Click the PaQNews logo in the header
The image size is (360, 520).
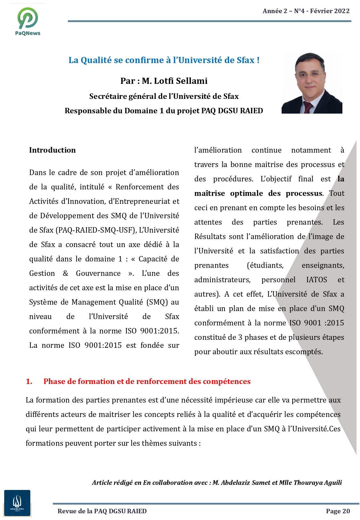pos(28,21)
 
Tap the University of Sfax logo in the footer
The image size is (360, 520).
pos(17,503)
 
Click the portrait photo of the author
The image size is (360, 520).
pos(312,83)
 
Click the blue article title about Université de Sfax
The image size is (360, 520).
pos(164,60)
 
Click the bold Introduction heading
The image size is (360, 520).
pos(52,150)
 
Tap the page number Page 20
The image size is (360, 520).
pos(338,511)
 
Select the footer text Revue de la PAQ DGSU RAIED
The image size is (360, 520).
pos(102,511)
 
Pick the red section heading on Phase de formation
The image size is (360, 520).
pos(147,381)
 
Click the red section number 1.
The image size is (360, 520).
pos(29,381)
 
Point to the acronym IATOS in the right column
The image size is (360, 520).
pos(316,280)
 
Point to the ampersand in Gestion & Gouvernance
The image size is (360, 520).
pos(66,273)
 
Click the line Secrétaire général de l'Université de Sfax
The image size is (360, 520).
pos(164,96)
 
